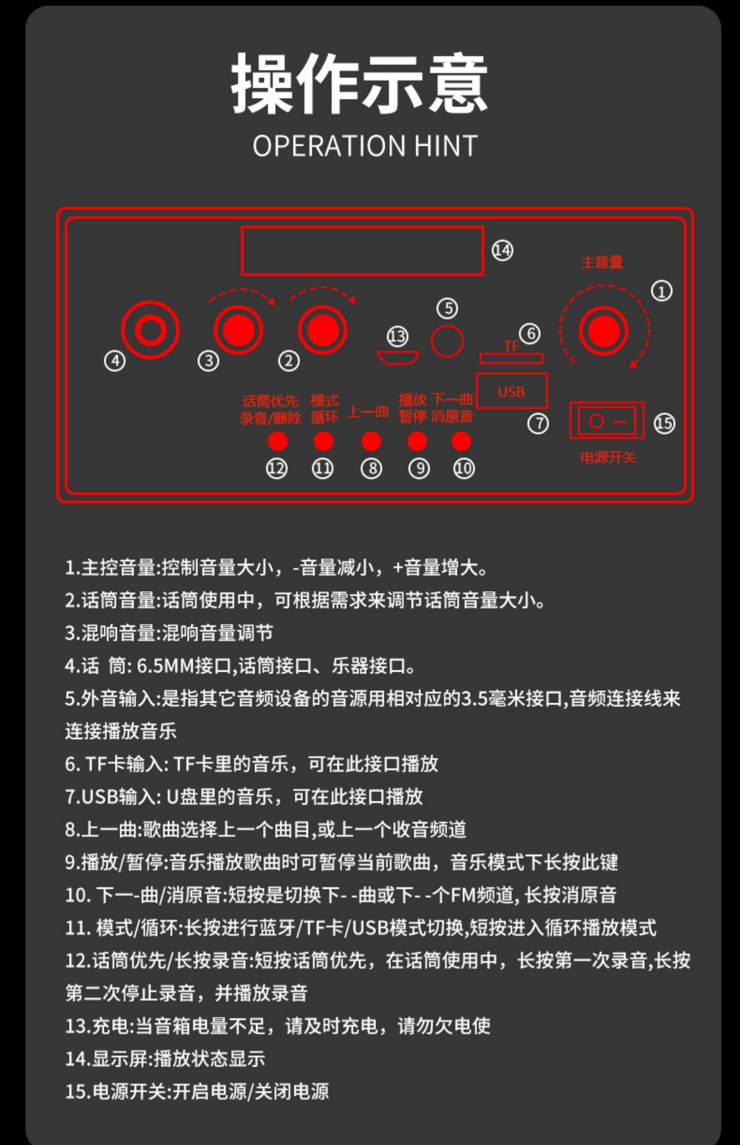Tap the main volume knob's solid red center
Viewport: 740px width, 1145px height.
603,330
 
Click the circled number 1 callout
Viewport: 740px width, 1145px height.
662,291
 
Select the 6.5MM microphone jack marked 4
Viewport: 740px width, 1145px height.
150,330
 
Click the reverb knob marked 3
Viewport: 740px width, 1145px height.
238,330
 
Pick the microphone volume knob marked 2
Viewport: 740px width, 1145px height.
323,330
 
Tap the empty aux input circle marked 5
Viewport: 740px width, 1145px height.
447,341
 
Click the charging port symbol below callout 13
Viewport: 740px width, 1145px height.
398,358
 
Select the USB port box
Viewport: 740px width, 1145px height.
512,391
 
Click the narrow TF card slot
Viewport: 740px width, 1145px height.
512,358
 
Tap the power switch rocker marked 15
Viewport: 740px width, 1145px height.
607,421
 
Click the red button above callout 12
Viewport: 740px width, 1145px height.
277,441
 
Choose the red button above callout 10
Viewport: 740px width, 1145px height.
461,441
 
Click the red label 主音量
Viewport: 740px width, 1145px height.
602,262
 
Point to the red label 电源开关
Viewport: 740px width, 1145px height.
608,458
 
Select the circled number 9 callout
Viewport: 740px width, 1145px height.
419,468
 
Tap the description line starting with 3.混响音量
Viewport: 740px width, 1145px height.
169,633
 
